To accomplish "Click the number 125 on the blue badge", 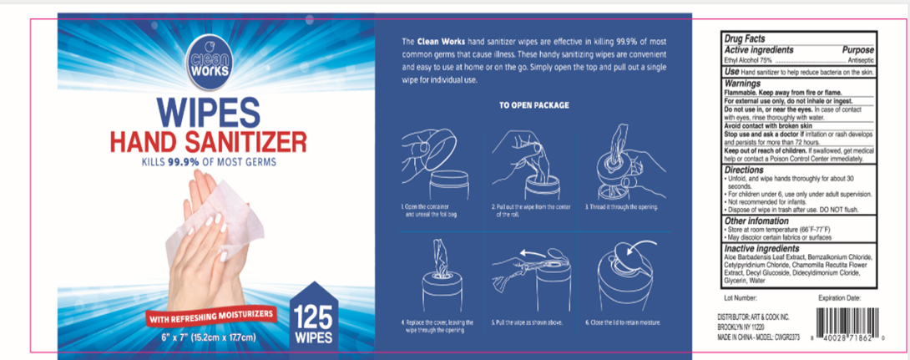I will (x=314, y=315).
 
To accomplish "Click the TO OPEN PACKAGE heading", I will (x=534, y=105).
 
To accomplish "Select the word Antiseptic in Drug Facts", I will (x=861, y=61).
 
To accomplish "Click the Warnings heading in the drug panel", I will (x=743, y=84).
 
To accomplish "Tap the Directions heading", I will (x=746, y=170).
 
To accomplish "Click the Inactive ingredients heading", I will (x=762, y=249).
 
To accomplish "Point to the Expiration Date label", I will (x=842, y=297).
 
